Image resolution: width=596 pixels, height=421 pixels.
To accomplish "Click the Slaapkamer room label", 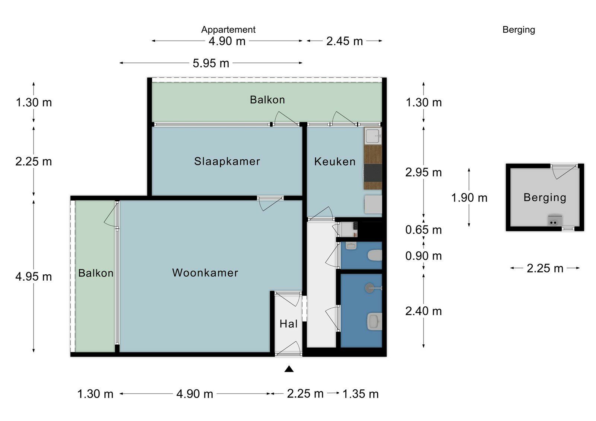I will pos(227,161).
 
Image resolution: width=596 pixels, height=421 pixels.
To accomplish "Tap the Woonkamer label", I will pos(205,272).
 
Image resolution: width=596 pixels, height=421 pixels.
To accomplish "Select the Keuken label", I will pos(335,161).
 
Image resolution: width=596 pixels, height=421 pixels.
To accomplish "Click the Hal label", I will pos(288,324).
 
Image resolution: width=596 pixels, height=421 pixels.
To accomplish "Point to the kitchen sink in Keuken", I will pos(372,136).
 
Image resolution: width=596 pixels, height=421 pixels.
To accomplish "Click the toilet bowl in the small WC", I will pos(375,256).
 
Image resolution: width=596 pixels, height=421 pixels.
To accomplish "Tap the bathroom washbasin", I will pos(374,321).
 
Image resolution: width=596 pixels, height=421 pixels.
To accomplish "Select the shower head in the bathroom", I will pos(370,288).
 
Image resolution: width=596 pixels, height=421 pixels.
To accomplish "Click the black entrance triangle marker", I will pos(289,369).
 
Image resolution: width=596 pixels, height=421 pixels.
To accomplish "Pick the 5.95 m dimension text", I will pos(211,63).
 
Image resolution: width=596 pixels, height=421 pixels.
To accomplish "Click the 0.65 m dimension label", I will pos(424,230).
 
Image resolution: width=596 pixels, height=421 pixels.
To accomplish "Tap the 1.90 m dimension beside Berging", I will pos(469,198).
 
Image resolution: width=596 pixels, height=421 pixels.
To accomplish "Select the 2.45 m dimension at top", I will pos(344,41).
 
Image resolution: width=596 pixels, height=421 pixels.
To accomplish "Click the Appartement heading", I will pos(228,30).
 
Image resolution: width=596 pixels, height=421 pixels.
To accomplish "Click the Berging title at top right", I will pos(519,30).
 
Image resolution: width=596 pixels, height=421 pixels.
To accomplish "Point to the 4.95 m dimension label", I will pos(34,277).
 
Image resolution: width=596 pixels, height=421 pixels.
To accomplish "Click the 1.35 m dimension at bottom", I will pos(360,394).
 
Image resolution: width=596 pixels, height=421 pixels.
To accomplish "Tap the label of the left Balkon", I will pos(96,273).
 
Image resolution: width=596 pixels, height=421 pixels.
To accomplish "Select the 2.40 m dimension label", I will pos(424,311).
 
